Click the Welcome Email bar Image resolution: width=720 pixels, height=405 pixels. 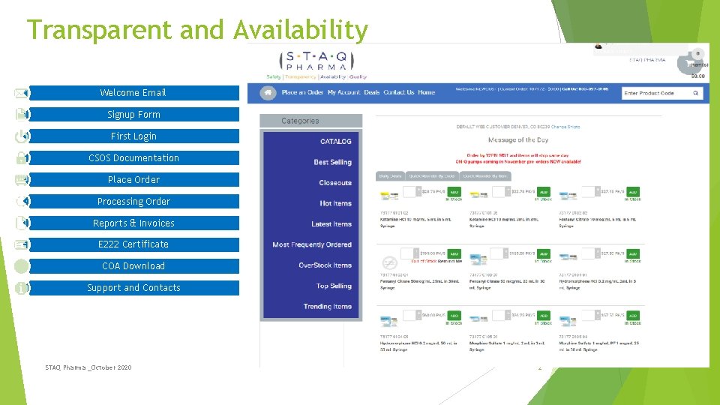click(133, 93)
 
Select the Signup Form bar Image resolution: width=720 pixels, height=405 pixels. click(133, 115)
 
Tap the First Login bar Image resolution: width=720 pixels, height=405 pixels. click(133, 136)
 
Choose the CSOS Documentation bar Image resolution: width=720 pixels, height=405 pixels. click(133, 158)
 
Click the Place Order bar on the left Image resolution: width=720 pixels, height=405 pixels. click(133, 180)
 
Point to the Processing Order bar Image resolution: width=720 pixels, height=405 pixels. click(133, 202)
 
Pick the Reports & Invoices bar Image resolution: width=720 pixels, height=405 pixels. click(133, 223)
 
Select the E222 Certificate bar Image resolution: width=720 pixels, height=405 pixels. click(133, 244)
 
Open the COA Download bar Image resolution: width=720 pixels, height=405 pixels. click(133, 266)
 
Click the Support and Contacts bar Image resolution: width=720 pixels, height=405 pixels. click(133, 288)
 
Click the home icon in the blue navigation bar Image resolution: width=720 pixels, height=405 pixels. click(268, 93)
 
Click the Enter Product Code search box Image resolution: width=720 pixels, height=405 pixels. click(658, 93)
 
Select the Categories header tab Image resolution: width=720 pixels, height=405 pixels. click(310, 121)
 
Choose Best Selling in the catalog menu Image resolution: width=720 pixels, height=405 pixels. click(332, 162)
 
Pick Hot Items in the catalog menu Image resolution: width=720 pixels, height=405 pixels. click(335, 203)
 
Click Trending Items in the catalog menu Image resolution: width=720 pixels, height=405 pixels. click(327, 307)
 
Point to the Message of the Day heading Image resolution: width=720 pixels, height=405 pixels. click(518, 140)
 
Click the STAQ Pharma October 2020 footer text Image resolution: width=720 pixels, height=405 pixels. click(88, 367)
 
